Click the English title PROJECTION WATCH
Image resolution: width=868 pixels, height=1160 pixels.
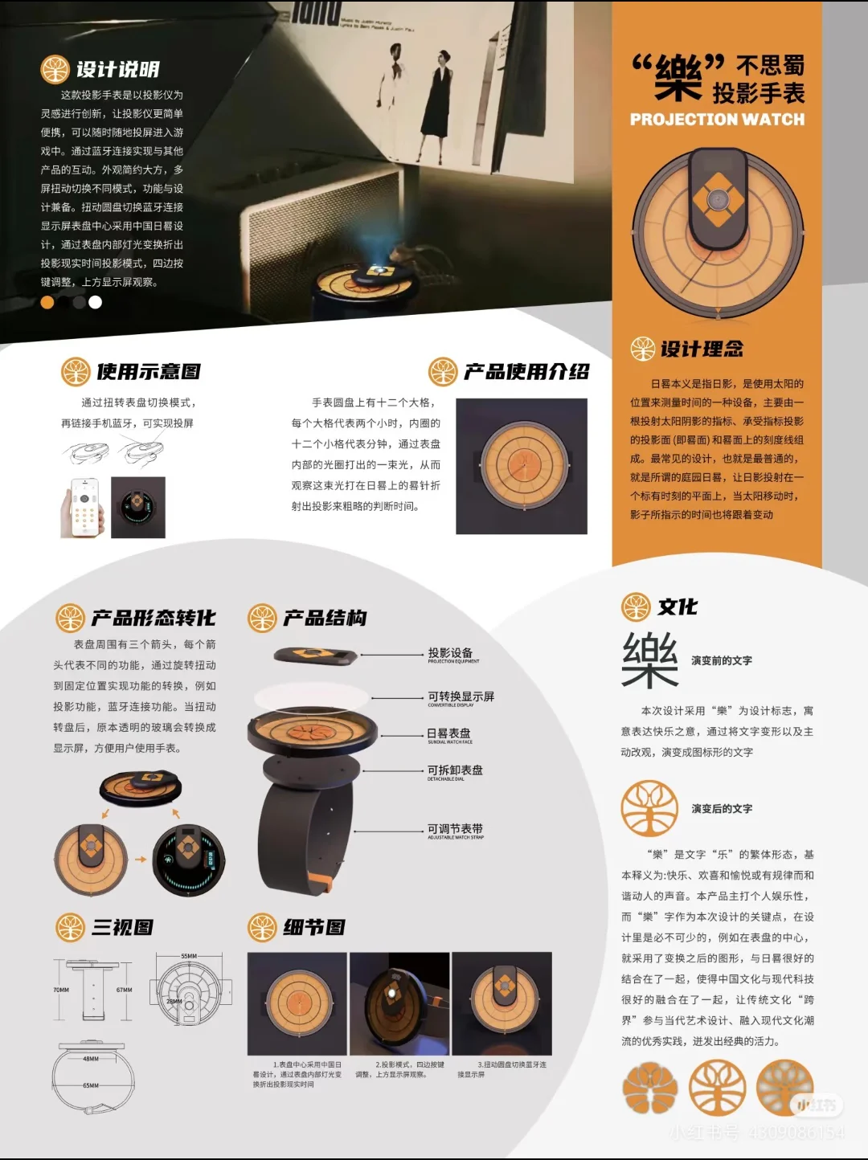pos(717,120)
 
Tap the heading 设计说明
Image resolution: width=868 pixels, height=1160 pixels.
pos(117,70)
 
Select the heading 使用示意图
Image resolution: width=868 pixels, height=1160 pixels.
pos(148,372)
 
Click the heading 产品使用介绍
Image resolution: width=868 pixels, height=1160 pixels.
pos(526,372)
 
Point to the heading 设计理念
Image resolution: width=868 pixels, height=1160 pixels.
pos(702,349)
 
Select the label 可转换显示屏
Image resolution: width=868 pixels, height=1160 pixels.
pos(461,696)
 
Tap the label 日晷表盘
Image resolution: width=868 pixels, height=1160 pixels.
pos(448,733)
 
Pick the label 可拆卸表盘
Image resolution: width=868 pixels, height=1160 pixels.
pos(455,770)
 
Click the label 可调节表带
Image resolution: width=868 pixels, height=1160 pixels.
pos(455,829)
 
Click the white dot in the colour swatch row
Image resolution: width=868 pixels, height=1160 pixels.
pos(96,302)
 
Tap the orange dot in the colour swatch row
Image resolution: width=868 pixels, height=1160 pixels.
pos(47,302)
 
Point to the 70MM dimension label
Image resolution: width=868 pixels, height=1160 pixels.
pos(61,990)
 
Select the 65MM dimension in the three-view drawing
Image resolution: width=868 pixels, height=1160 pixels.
pos(91,1085)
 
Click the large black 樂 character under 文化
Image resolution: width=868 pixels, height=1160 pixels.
pos(649,660)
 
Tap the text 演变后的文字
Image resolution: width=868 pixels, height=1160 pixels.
pos(722,809)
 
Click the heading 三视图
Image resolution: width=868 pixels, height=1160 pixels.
pos(122,928)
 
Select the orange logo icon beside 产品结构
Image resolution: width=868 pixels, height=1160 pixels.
pos(262,618)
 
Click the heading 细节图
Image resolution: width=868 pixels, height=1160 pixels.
pos(314,928)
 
